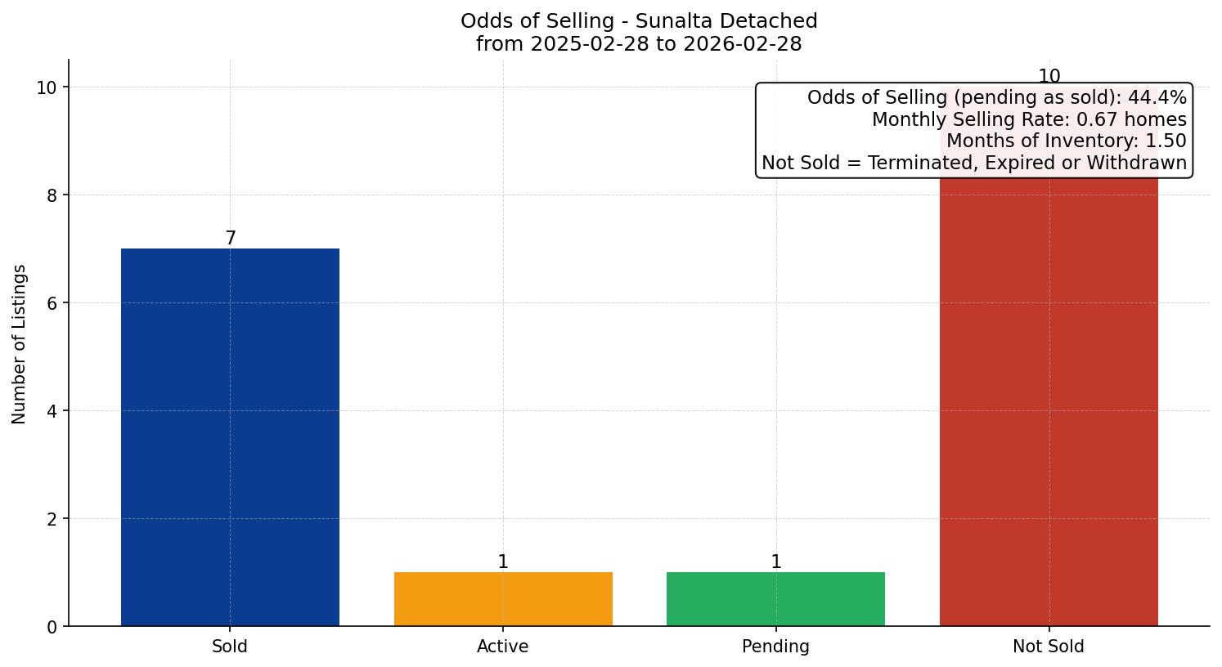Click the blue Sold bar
[230, 437]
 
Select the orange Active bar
[503, 599]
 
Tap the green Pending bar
[775, 599]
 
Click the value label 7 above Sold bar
[231, 238]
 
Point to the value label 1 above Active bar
[503, 562]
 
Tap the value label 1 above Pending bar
[775, 562]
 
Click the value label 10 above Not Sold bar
[1049, 77]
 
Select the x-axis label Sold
[230, 647]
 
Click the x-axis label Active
[503, 647]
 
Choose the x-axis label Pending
[775, 647]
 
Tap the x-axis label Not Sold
[1049, 647]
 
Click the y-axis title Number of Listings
[20, 343]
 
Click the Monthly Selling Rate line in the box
[1029, 119]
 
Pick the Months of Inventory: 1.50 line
[1066, 141]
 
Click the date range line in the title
[639, 44]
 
